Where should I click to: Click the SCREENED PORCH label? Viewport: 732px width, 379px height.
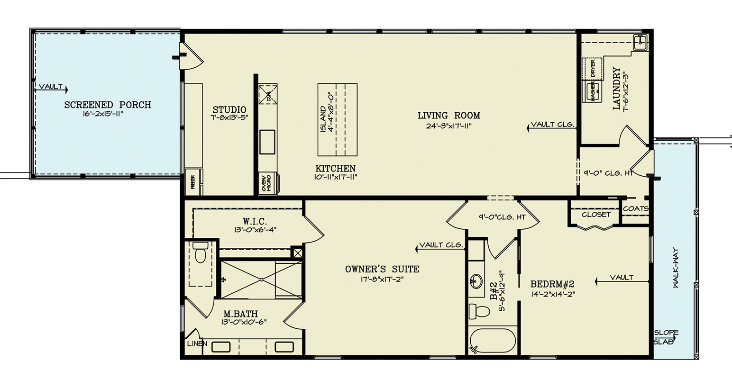108,105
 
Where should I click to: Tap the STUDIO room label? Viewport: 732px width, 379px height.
229,109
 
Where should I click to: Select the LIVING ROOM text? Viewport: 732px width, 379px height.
448,115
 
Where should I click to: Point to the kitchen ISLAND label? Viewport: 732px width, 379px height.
323,119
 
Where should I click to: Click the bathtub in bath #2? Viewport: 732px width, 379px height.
492,341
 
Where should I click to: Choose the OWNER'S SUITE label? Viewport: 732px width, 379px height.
382,269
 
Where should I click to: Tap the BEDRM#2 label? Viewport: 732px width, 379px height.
552,284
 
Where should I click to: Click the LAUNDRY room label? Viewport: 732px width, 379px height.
616,89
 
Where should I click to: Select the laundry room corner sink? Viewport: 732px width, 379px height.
641,43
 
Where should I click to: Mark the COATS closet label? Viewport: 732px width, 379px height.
635,208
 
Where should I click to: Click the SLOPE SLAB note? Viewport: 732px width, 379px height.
666,337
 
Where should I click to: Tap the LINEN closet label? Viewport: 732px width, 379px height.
197,343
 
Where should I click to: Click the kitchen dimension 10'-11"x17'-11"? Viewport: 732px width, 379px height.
335,177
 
